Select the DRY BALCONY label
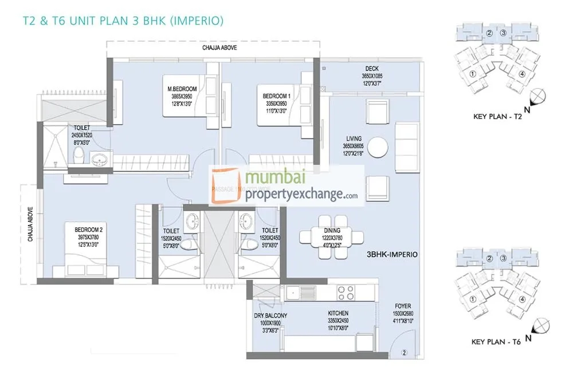[x=270, y=316]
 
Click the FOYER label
[x=403, y=306]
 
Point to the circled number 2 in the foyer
[x=403, y=353]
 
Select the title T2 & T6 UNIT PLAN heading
[x=122, y=21]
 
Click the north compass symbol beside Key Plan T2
[x=539, y=98]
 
